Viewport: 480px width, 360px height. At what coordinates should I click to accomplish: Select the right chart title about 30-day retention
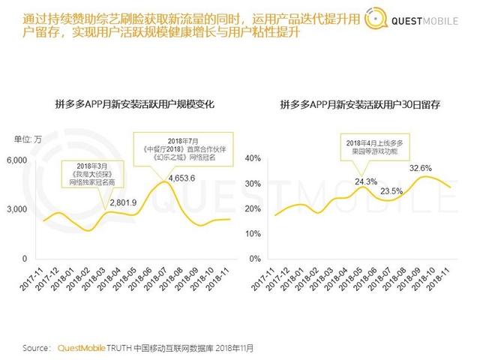click(x=359, y=105)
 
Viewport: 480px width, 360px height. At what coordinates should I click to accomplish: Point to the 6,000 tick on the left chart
click(x=17, y=160)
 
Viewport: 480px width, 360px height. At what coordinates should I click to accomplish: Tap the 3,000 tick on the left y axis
click(x=17, y=209)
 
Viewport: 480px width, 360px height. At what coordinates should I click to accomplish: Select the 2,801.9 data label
click(x=124, y=202)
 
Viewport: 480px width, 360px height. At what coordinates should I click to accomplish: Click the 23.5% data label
click(x=392, y=191)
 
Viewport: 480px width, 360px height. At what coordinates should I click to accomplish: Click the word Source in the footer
click(x=37, y=348)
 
